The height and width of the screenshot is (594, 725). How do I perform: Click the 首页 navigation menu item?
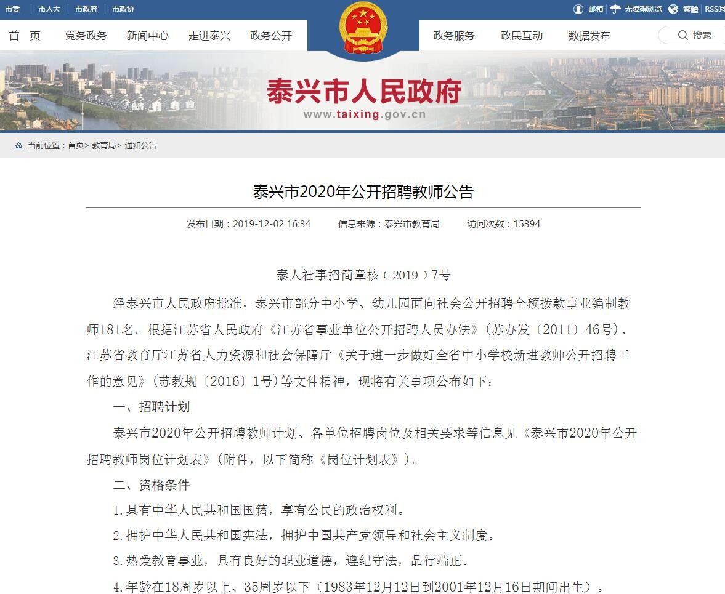coord(25,36)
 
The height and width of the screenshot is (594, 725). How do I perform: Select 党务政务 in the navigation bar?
coord(86,36)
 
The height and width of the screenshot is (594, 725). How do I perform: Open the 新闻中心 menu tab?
coord(147,36)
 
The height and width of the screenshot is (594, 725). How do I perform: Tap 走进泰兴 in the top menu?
coord(209,36)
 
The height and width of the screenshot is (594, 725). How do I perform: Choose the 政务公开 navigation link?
coord(270,36)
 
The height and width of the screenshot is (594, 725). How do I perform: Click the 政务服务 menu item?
coord(453,36)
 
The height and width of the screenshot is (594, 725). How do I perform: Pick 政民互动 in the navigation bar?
coord(521,36)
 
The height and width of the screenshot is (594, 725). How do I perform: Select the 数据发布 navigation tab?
coord(589,36)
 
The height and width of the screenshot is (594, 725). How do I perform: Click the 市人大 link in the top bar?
coord(49,9)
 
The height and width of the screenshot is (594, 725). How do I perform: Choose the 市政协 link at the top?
coord(123,9)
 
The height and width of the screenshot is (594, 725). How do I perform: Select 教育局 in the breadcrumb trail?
coord(103,145)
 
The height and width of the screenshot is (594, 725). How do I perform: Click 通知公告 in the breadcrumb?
coord(140,145)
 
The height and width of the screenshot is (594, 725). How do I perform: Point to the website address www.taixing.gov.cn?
coord(364,114)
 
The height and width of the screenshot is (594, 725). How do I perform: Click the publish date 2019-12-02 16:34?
coord(271,224)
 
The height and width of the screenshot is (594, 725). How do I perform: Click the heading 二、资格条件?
coord(152,485)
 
